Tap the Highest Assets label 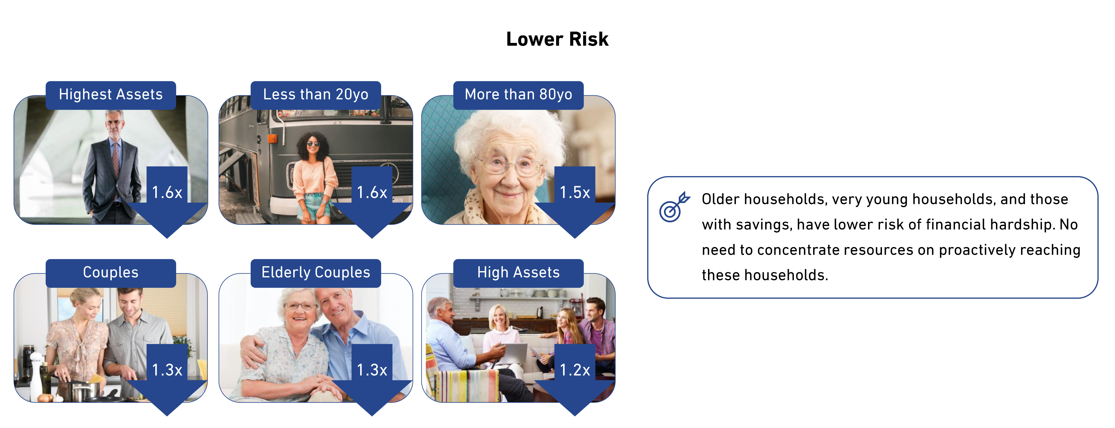111,95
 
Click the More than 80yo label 518,95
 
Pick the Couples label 111,273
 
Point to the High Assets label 518,273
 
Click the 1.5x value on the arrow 575,193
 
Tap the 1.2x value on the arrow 575,370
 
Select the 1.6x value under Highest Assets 167,193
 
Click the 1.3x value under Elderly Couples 372,370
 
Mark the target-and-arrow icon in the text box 674,207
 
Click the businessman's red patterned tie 116,158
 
